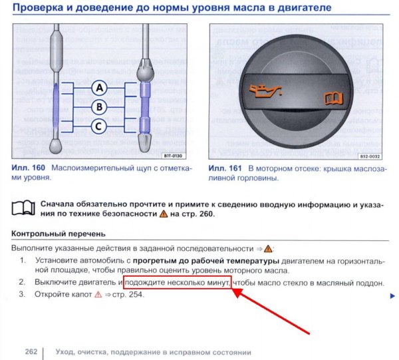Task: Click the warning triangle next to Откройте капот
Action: click(98, 294)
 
